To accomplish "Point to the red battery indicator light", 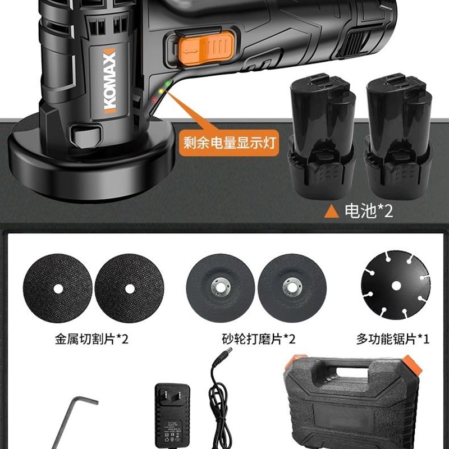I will tap(154, 100).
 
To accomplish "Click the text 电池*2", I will tap(368, 212).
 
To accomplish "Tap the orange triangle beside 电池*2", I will tap(332, 212).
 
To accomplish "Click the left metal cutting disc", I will tap(59, 289).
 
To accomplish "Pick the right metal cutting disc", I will tap(130, 289).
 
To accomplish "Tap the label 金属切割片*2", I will tap(92, 339).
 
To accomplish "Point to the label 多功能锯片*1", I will tap(393, 339).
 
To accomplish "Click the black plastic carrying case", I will tap(354, 404).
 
